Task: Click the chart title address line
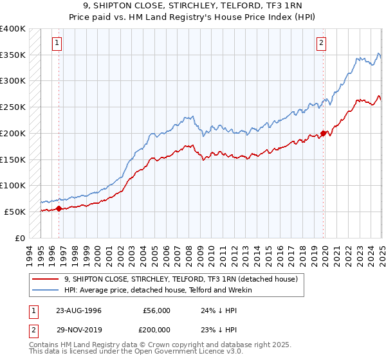[x=192, y=6]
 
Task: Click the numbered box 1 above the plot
[x=57, y=43]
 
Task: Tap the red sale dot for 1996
[x=59, y=208]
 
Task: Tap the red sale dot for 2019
[x=323, y=134]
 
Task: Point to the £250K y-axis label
[x=13, y=107]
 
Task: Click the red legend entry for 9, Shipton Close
[x=180, y=280]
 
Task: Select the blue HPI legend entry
[x=158, y=291]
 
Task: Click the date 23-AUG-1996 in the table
[x=79, y=310]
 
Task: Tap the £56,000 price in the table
[x=156, y=310]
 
